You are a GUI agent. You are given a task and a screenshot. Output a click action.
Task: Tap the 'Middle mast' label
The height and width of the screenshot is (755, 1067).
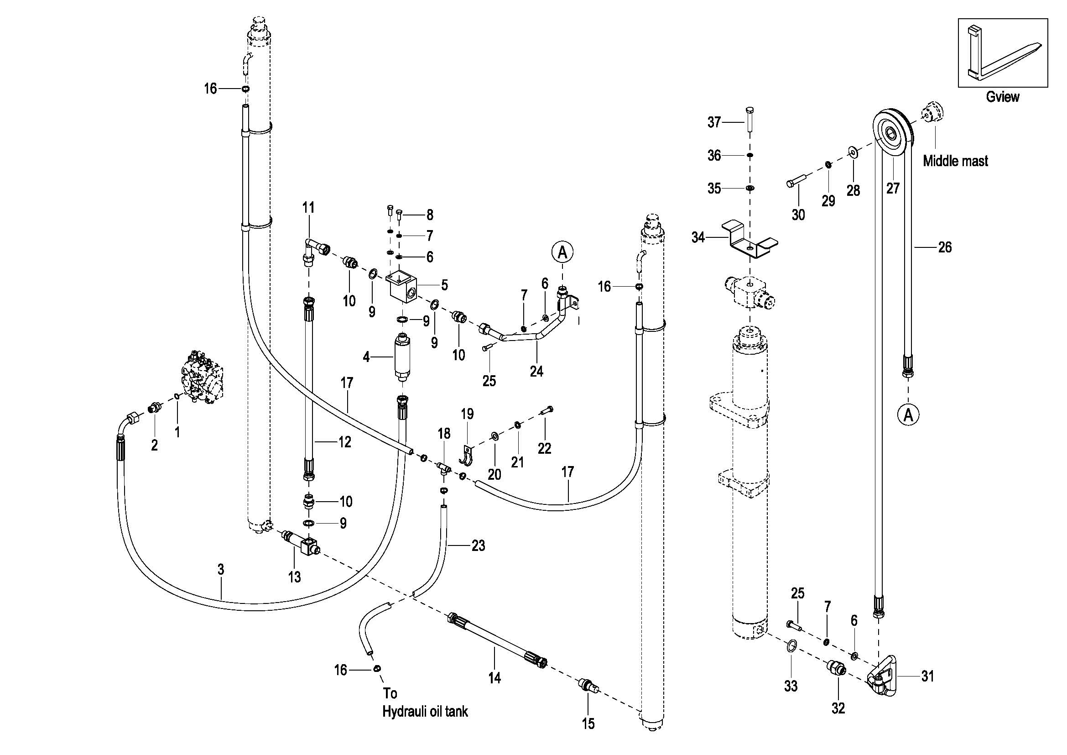click(x=955, y=161)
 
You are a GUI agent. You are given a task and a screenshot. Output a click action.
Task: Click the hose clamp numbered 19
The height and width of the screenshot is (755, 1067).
click(x=466, y=455)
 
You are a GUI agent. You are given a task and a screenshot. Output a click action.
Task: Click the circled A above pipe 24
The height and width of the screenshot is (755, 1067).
click(x=562, y=252)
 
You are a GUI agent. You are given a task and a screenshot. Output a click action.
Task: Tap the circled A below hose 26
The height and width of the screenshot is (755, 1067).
click(x=908, y=414)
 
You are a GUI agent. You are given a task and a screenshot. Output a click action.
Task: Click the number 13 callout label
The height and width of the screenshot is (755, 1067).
click(x=294, y=577)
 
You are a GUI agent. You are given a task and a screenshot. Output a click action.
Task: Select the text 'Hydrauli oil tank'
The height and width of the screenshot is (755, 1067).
click(x=425, y=712)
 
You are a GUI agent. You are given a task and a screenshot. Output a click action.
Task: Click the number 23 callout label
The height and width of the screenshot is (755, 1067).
click(x=478, y=545)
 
